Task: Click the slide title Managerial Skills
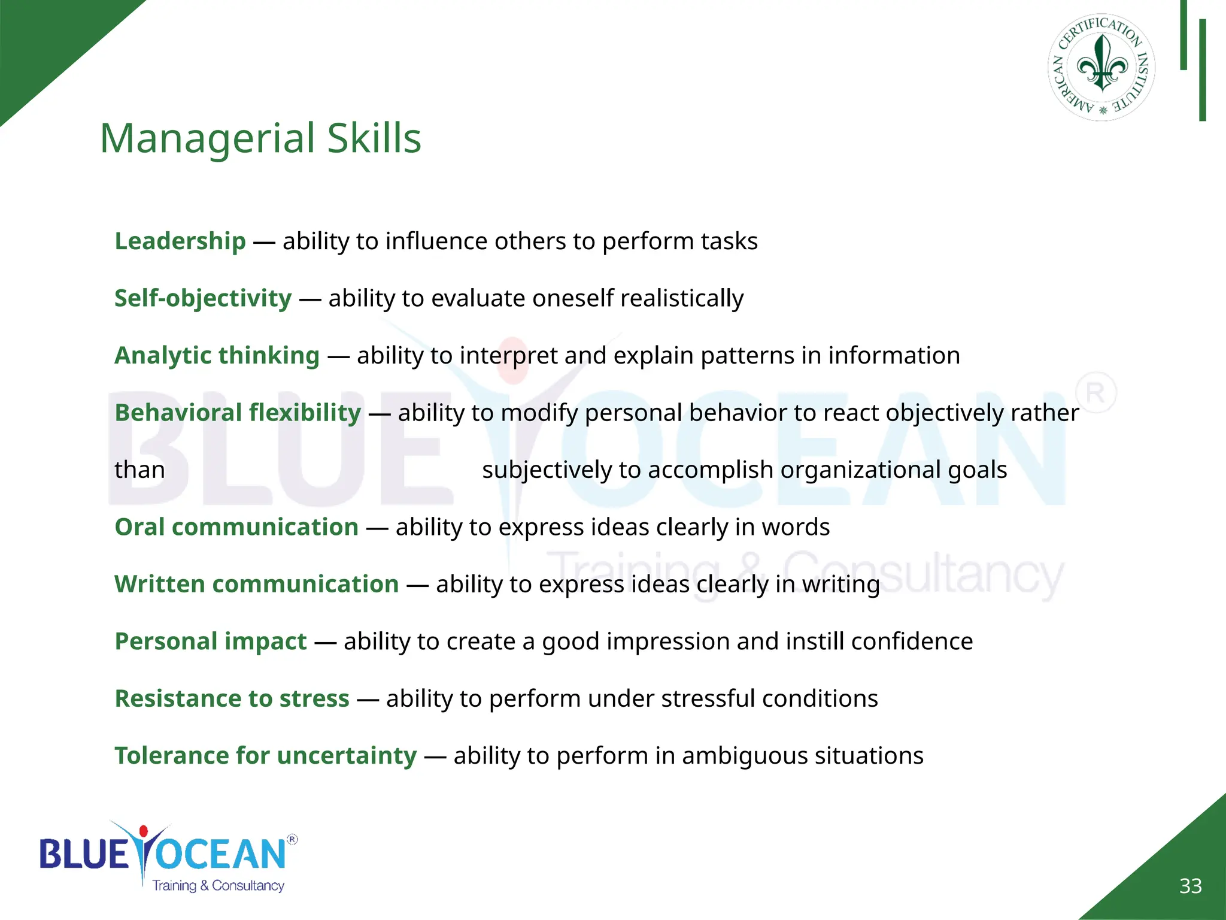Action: [260, 138]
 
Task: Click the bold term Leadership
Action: [180, 241]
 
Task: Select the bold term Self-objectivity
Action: [203, 298]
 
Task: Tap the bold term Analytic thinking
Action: [217, 355]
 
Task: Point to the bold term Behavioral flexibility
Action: [238, 412]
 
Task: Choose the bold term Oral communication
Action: [236, 526]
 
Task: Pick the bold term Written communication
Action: [256, 584]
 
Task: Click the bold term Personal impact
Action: [210, 641]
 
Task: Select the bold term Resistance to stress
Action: [232, 698]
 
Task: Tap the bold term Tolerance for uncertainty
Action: [265, 755]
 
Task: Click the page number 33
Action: [1190, 886]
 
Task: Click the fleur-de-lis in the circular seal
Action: [1101, 63]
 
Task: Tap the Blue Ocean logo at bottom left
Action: [168, 857]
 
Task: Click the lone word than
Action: [139, 470]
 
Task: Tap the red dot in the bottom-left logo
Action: [143, 831]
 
